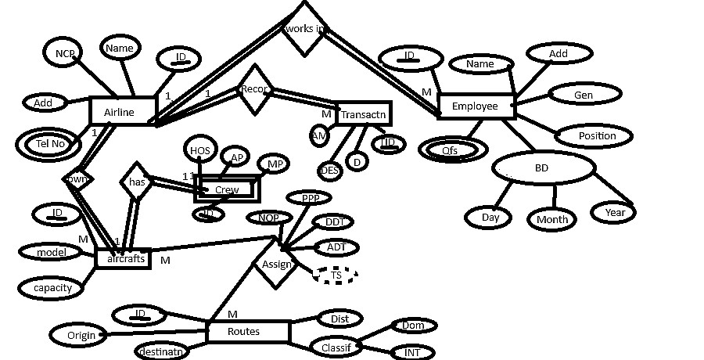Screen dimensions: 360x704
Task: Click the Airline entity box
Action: pos(120,112)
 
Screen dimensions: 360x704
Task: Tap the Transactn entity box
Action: pos(361,114)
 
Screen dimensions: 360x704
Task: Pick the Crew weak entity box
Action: pos(226,189)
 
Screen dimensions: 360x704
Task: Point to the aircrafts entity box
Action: pos(122,258)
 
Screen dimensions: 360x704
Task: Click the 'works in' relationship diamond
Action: pos(304,28)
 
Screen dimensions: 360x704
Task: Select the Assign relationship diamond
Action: pos(275,264)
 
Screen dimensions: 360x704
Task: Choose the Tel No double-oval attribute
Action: pos(49,144)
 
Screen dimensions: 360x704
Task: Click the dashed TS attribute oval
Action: pos(335,275)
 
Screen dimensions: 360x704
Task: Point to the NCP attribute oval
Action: pos(64,53)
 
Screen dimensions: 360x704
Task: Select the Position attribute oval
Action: pos(595,135)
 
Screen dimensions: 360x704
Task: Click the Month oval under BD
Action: pos(551,219)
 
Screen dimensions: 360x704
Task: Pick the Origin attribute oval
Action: pos(81,335)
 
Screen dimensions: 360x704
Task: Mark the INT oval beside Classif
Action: pos(411,352)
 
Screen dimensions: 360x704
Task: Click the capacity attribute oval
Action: pos(52,287)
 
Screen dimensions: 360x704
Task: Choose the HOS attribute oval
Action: pos(199,149)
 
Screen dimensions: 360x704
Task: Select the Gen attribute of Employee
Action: pos(584,95)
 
